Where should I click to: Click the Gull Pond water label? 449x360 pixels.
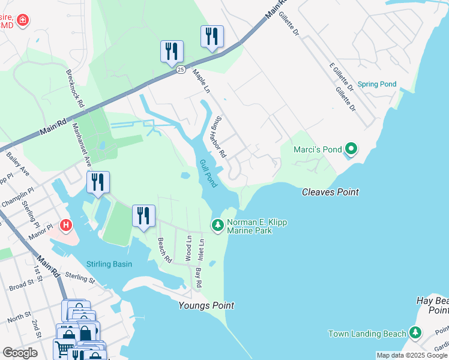pos(208,173)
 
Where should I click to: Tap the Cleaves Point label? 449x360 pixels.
pos(330,192)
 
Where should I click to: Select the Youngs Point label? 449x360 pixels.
pos(206,305)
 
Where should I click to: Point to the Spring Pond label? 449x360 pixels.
pos(377,84)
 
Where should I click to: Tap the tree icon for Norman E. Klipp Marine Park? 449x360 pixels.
pos(217,226)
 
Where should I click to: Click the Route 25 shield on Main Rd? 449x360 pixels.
pos(180,70)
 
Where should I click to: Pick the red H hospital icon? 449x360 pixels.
pos(67,226)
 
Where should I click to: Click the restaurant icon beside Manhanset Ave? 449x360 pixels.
pos(98,181)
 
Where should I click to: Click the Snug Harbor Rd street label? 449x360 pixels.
pos(218,137)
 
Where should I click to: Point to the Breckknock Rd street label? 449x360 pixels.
pos(75,88)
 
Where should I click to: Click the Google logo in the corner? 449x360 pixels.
pos(20,352)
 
